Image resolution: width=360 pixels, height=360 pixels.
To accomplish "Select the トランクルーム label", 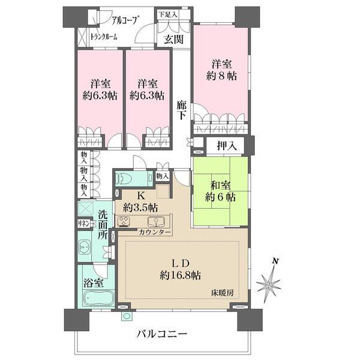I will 103,37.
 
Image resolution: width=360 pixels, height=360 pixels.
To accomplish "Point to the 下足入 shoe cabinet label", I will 168,14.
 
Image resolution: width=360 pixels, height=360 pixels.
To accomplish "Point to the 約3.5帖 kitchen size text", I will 140,207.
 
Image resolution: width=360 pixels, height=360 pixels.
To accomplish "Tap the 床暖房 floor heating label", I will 221,292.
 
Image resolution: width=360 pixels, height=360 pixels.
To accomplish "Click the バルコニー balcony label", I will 162,334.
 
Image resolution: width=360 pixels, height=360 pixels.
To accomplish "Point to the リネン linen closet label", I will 84,223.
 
